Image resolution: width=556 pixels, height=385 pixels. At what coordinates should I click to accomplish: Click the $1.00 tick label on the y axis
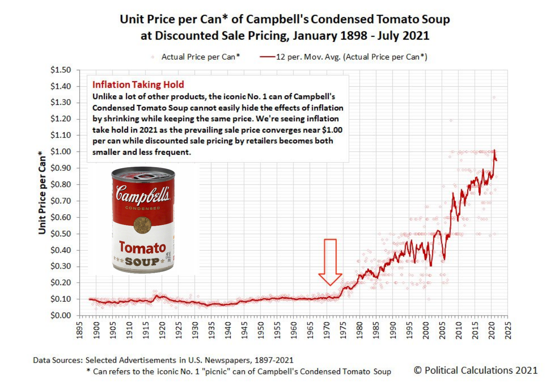coord(61,152)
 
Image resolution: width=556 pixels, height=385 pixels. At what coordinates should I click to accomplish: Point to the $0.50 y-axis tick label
coord(61,233)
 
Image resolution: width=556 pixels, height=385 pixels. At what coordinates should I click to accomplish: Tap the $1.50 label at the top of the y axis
coord(61,70)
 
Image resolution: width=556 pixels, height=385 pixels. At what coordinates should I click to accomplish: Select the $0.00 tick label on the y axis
coord(61,315)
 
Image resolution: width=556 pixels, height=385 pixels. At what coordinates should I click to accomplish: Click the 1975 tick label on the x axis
coord(343,330)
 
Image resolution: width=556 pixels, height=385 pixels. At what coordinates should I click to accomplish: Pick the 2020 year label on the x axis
coord(491,330)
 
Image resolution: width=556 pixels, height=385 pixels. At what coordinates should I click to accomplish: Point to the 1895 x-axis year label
coord(79,330)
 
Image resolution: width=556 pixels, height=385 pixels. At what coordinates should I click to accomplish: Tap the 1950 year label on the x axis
coord(261,330)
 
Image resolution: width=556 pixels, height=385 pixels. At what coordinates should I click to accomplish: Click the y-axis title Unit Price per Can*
coord(42,192)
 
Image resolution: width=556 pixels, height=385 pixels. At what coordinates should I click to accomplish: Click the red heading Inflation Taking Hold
coord(138,84)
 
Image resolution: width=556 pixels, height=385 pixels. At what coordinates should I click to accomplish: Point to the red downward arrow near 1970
coord(330,262)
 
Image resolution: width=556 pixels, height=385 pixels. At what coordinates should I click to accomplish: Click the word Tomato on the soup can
coord(143,247)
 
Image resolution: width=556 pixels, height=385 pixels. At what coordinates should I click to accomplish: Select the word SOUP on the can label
coord(142,262)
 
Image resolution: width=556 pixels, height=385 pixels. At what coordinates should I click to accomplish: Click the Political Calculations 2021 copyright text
coord(475,370)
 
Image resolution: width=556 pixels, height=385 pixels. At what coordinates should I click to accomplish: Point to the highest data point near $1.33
coord(494,97)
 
